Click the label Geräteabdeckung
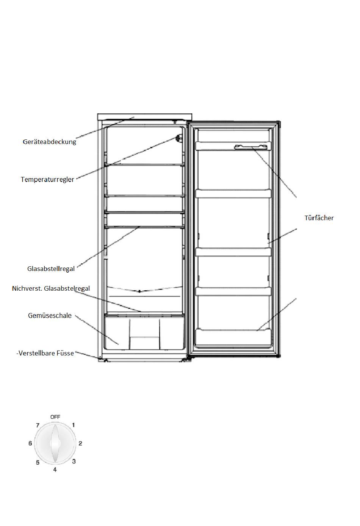click(x=49, y=142)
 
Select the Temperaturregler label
click(x=47, y=179)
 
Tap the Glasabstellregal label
click(x=51, y=269)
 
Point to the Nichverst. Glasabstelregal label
click(x=51, y=288)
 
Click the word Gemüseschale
click(x=50, y=315)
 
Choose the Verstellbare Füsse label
click(x=45, y=353)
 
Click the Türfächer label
click(x=319, y=218)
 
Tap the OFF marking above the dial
click(x=55, y=417)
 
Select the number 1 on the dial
click(x=74, y=425)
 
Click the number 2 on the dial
click(x=80, y=443)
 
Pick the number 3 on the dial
click(x=74, y=461)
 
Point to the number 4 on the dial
click(x=55, y=470)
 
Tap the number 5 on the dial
click(x=38, y=462)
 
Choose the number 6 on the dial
click(x=30, y=443)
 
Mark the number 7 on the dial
click(x=38, y=425)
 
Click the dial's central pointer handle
click(x=55, y=443)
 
